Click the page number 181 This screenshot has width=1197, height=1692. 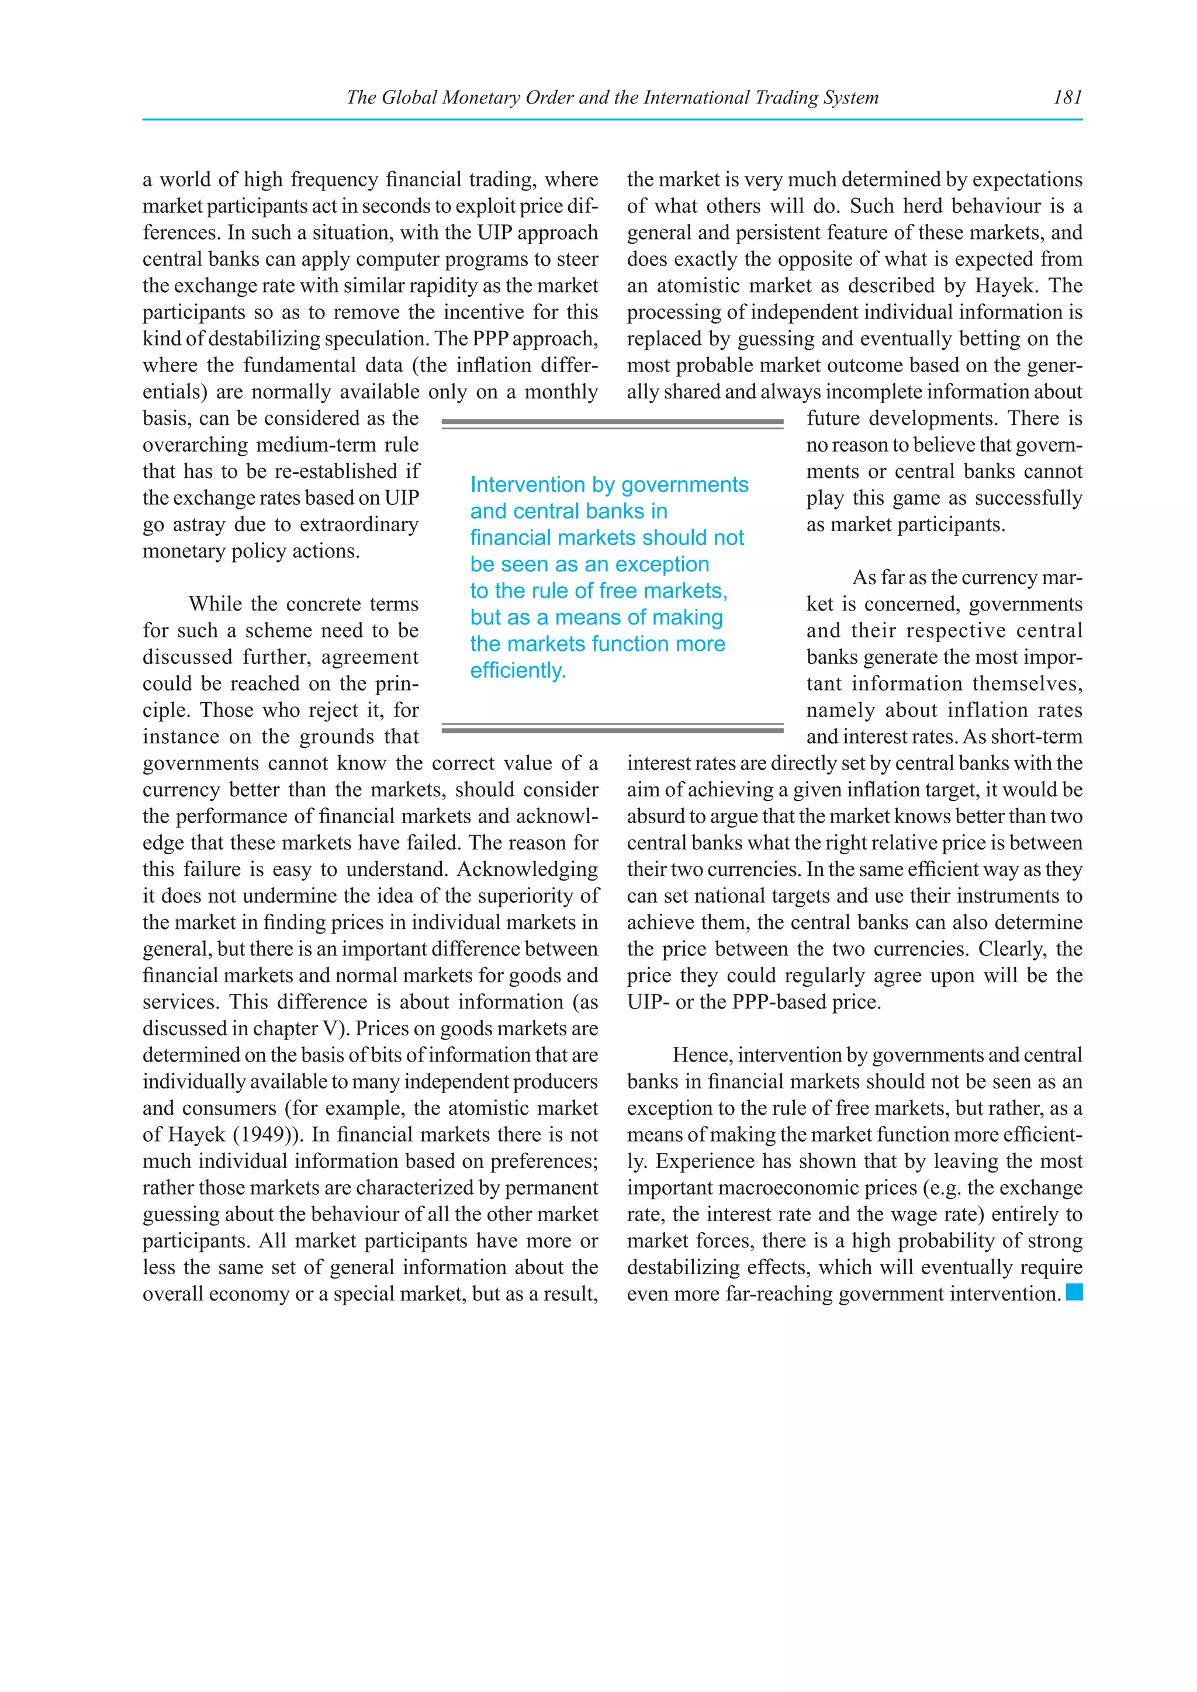coord(1067,97)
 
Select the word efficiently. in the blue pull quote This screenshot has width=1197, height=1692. coord(518,671)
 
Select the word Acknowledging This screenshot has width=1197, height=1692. coord(527,869)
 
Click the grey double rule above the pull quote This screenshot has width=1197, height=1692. coord(612,423)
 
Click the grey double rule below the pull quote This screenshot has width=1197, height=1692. coord(612,728)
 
